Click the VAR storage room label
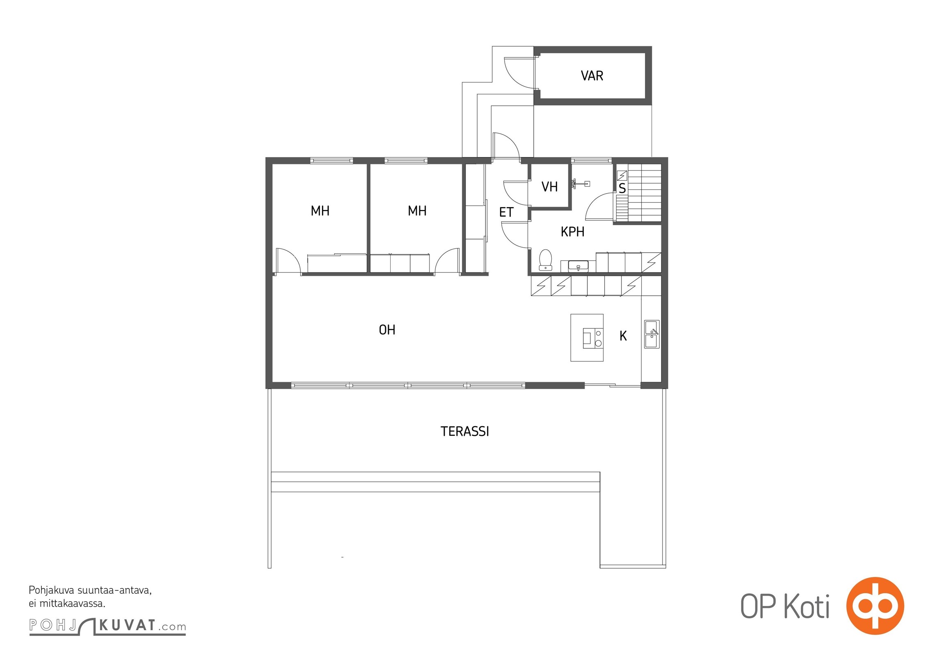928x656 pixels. coord(592,76)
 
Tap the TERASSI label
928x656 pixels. coord(464,431)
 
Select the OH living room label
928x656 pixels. coord(387,330)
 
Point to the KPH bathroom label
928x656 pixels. coord(572,232)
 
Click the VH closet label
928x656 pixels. coord(549,187)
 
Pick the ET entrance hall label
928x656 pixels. coord(506,212)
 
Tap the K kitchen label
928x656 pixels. coord(623,336)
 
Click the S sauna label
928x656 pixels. coord(622,188)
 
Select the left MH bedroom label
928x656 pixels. coord(320,211)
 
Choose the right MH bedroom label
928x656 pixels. coord(417,211)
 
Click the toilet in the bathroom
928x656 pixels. coord(545,260)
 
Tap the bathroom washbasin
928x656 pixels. coord(578,266)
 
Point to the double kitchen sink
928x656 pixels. coord(651,334)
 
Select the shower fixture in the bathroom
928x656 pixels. coord(580,184)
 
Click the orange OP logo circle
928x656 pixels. coord(875,606)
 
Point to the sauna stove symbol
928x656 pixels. coord(622,175)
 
